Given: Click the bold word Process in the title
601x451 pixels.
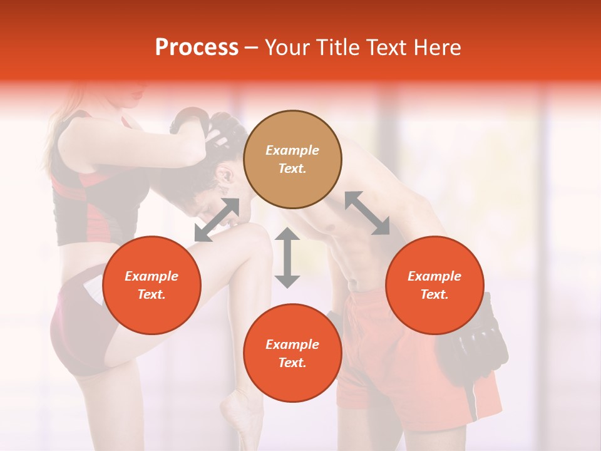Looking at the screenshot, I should tap(197, 48).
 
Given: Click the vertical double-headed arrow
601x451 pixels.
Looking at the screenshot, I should tap(287, 258).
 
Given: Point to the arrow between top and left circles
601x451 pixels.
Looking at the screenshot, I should tap(217, 220).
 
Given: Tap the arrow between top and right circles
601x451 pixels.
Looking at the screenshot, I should tap(367, 213).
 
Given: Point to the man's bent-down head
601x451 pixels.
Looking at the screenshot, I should tap(219, 175).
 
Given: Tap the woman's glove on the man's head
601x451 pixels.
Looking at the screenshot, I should tap(191, 122).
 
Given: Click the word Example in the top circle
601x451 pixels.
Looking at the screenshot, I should tap(292, 150).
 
